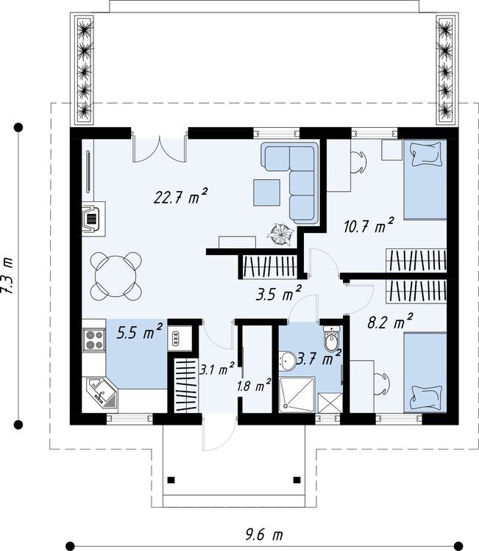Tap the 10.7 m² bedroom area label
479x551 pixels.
click(x=369, y=226)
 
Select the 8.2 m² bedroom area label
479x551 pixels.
click(x=390, y=321)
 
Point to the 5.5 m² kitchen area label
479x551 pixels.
click(x=139, y=331)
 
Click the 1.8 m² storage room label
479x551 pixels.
click(x=254, y=385)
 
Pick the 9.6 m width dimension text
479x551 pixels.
click(x=264, y=535)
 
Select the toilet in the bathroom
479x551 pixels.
click(x=332, y=339)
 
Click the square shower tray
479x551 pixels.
click(x=297, y=395)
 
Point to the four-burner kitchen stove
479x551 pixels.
click(x=94, y=340)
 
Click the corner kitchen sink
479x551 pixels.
click(x=102, y=393)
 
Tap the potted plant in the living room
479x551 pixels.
click(x=280, y=235)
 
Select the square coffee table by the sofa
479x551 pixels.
click(x=267, y=192)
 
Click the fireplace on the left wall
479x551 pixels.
click(x=93, y=219)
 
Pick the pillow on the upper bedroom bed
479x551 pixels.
click(x=426, y=154)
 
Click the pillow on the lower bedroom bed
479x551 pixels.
click(x=426, y=397)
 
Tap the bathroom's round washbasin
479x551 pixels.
click(x=288, y=361)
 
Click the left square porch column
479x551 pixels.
click(x=171, y=480)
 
